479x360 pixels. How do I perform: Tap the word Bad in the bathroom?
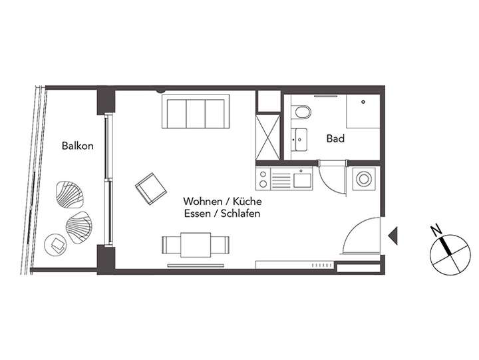click(x=335, y=139)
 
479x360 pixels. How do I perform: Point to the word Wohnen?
click(x=203, y=201)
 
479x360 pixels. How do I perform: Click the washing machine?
click(x=363, y=178)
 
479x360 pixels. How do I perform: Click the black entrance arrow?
click(x=393, y=234)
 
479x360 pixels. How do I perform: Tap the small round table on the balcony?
click(x=55, y=244)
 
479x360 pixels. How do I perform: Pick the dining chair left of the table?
click(x=170, y=245)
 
